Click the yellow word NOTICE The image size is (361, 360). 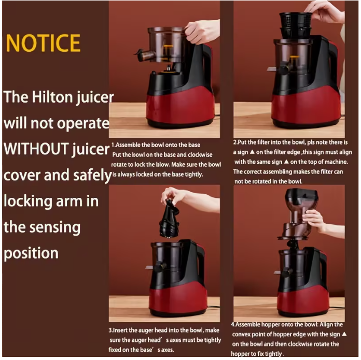click(43, 43)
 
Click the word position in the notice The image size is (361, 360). click(31, 253)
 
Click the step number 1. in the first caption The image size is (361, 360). click(114, 145)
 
